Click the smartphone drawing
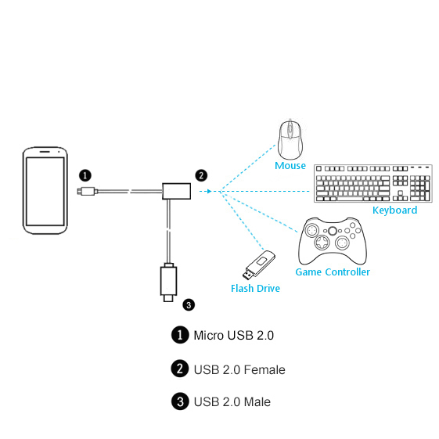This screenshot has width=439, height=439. [x=45, y=190]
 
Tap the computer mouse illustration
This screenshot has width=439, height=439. [x=290, y=139]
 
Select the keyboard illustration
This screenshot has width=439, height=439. [x=373, y=183]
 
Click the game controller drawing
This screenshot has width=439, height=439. [x=333, y=241]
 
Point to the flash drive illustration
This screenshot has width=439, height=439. [x=259, y=264]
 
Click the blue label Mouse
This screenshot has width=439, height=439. [x=290, y=165]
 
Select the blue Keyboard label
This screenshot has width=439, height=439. [x=394, y=211]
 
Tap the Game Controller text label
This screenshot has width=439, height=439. [x=333, y=272]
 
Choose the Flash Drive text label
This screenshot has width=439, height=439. [x=255, y=289]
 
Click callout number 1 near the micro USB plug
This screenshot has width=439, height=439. [x=85, y=175]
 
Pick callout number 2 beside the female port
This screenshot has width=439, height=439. [x=201, y=175]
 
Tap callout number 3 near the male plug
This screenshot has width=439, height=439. [x=189, y=305]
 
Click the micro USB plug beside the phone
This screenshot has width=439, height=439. [x=88, y=191]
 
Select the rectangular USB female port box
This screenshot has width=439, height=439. [x=176, y=191]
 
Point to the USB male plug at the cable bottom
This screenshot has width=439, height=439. [x=168, y=282]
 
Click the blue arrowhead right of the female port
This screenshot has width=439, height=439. [x=209, y=191]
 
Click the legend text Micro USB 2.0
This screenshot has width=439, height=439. [x=234, y=336]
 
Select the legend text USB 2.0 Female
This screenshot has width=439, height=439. [x=239, y=370]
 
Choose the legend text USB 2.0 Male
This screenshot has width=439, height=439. [x=232, y=402]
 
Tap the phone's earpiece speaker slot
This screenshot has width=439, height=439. [x=45, y=152]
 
